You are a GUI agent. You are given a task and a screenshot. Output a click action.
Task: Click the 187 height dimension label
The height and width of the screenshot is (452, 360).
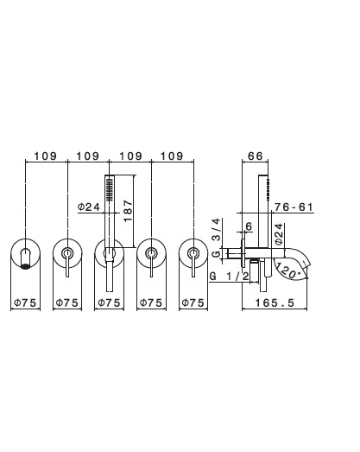pyautogui.click(x=128, y=211)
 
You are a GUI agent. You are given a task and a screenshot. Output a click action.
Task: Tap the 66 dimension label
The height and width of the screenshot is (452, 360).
pyautogui.click(x=256, y=156)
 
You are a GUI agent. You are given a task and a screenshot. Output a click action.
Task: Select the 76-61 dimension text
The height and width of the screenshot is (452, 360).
pyautogui.click(x=294, y=207)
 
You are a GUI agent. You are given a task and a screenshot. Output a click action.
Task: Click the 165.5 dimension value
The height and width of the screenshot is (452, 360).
pyautogui.click(x=275, y=302)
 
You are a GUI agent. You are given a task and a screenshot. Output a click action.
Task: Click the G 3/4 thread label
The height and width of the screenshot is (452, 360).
pyautogui.click(x=216, y=239)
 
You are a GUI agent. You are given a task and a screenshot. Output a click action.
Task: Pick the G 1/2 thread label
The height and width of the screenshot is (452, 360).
pyautogui.click(x=229, y=277)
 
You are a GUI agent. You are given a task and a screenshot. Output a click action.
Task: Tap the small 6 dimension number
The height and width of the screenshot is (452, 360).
pyautogui.click(x=249, y=226)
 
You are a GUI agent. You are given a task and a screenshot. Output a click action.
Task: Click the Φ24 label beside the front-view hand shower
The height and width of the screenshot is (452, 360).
pyautogui.click(x=89, y=207)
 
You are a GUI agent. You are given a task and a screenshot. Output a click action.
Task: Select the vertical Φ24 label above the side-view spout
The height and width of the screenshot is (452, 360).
pyautogui.click(x=279, y=234)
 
